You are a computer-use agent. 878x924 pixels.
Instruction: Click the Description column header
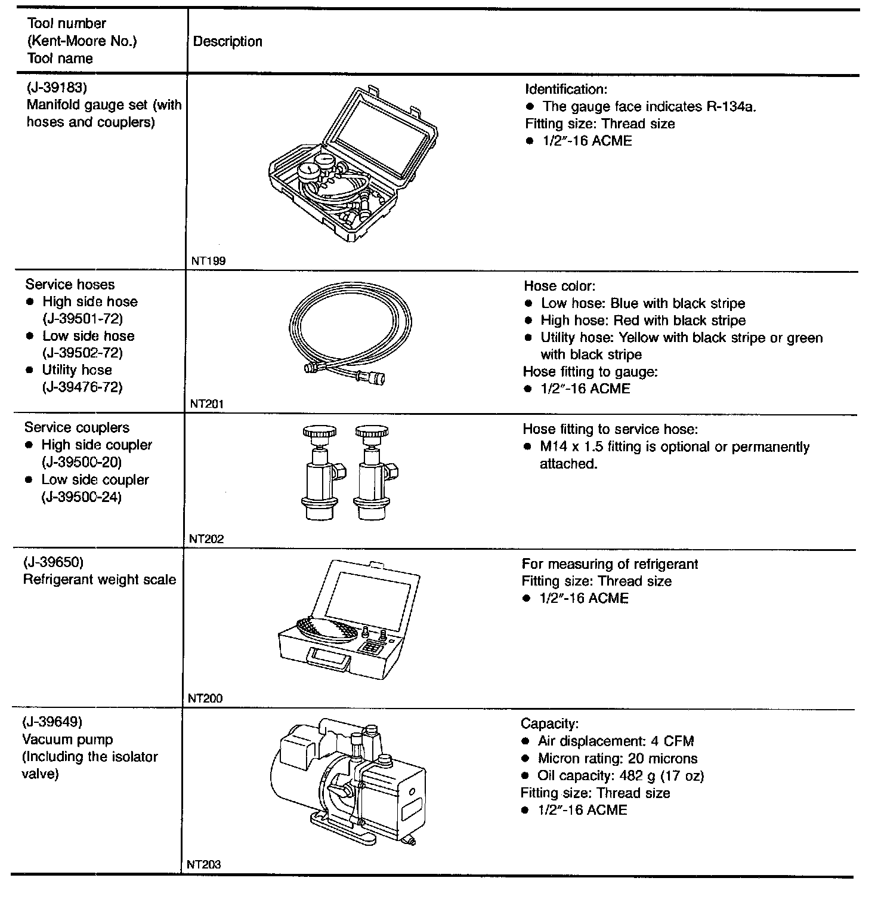coord(228,42)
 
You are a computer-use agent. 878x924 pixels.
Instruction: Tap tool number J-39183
coord(57,88)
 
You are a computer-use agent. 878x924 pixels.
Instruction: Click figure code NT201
coord(206,404)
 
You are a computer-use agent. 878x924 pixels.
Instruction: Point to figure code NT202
coord(206,539)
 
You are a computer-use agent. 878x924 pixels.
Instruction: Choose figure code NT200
coord(205,698)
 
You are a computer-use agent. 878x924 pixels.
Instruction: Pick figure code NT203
coord(203,864)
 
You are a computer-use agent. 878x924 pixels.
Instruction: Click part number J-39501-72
coord(83,319)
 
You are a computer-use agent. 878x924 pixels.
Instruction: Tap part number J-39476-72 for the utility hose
coord(82,387)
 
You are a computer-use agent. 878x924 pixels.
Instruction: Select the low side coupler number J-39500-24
coord(81,497)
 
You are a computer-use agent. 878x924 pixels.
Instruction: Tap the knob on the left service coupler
coord(319,432)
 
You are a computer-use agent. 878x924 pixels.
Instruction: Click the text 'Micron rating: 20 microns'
coord(617,759)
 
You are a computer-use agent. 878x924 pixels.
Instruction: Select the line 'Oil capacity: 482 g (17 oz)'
coord(620,776)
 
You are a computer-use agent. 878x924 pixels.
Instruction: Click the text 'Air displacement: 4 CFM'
coord(616,741)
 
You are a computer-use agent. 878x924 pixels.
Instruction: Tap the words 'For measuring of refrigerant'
coord(610,564)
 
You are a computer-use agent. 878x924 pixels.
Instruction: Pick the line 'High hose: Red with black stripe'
coord(643,321)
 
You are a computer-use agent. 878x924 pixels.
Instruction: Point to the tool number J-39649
coord(52,722)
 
